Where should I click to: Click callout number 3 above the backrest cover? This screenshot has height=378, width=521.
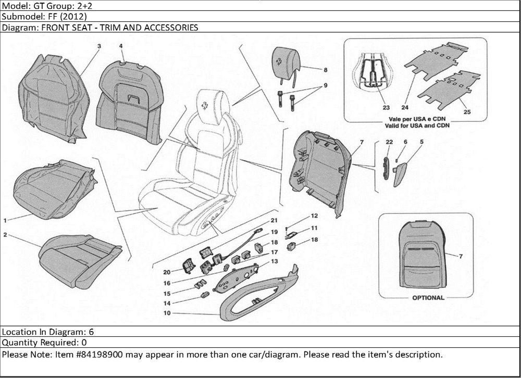click(99, 46)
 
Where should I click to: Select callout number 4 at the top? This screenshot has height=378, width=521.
click(121, 46)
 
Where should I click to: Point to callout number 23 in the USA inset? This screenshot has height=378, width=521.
click(386, 108)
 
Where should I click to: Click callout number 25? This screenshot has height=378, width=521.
click(467, 111)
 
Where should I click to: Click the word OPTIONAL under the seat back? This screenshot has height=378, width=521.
click(428, 298)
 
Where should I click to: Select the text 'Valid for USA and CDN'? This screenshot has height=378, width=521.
click(417, 126)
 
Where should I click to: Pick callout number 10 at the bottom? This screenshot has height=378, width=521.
click(167, 313)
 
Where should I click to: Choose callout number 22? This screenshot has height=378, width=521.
click(389, 142)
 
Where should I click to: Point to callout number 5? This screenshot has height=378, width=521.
click(421, 142)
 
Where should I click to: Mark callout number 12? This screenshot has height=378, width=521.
click(314, 215)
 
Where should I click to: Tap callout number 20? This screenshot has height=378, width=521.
click(167, 272)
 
